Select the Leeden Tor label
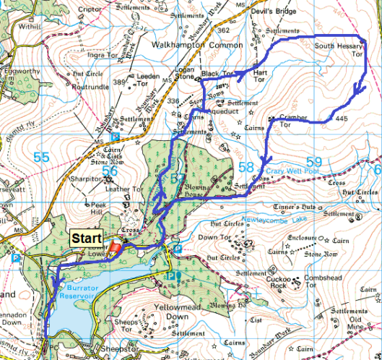pos(147,75)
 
